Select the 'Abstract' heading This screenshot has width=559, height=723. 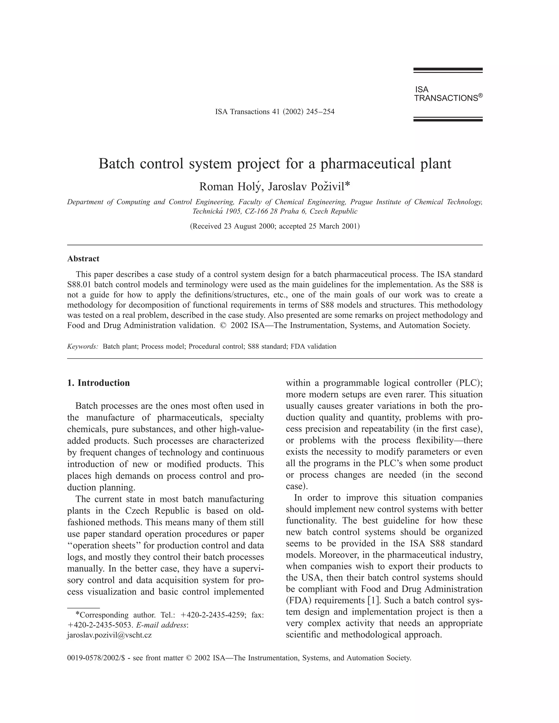[83, 259]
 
